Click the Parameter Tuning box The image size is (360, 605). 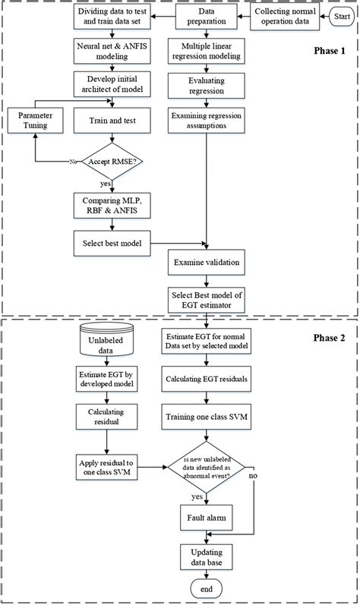click(x=35, y=120)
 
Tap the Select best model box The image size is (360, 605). click(x=114, y=244)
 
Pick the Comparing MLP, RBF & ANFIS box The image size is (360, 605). click(x=114, y=205)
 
